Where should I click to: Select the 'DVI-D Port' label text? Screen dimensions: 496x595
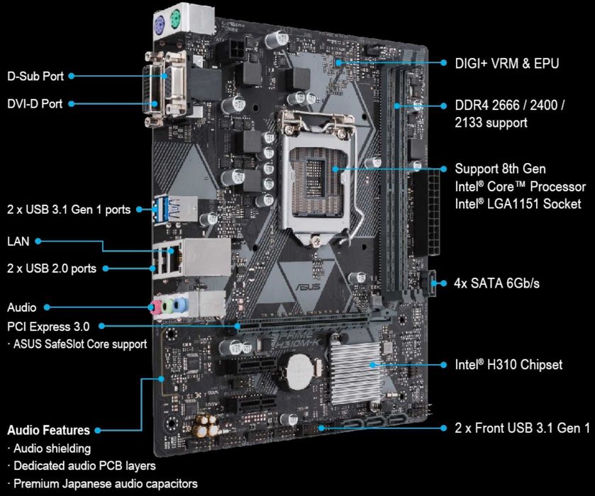35,103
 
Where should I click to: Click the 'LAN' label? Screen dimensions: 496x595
18,242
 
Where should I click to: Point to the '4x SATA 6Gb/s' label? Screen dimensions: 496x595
496,283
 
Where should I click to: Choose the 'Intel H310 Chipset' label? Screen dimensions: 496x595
508,365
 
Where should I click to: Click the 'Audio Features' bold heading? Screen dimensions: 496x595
48,430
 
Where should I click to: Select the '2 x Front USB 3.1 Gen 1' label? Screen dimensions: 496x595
522,428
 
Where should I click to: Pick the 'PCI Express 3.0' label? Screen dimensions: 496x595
48,327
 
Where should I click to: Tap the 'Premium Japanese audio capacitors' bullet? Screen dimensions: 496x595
102,484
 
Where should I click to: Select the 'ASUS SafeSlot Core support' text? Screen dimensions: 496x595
79,344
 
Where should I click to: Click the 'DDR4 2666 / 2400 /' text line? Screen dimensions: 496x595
510,105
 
